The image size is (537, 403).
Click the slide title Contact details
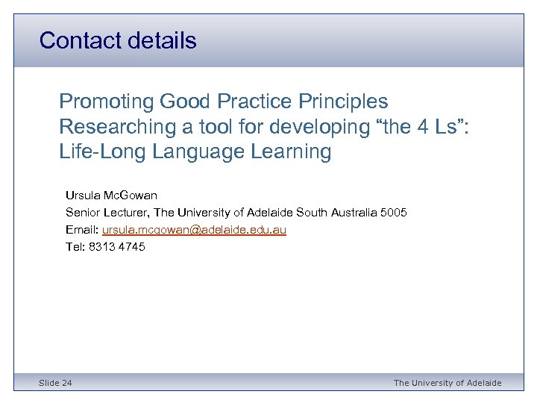pyautogui.click(x=118, y=40)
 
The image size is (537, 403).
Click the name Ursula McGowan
pyautogui.click(x=111, y=196)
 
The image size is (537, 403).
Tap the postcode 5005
pyautogui.click(x=393, y=213)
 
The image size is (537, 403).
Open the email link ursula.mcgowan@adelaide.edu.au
pyautogui.click(x=194, y=230)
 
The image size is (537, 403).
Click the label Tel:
pyautogui.click(x=75, y=247)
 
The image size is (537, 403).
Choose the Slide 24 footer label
pyautogui.click(x=56, y=383)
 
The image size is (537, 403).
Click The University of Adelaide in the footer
pyautogui.click(x=447, y=383)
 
